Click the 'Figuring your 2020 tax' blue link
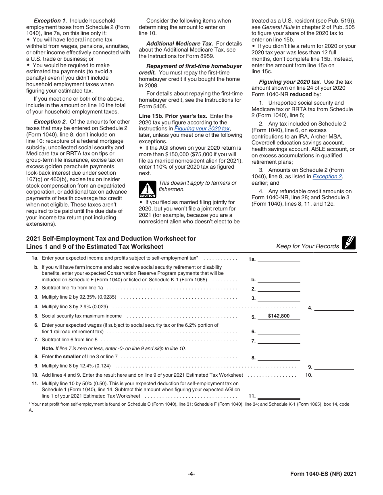tap(202, 129)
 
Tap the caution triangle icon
tap(147, 189)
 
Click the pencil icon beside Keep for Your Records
tap(349, 243)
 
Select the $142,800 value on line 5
tap(279, 316)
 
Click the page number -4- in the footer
tap(191, 474)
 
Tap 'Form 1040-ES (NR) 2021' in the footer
tap(323, 474)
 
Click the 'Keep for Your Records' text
tap(307, 246)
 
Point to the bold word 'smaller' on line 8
tap(72, 357)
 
